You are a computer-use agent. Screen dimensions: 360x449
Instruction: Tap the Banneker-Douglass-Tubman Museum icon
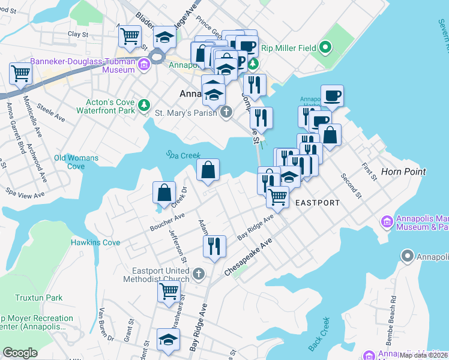pos(143,65)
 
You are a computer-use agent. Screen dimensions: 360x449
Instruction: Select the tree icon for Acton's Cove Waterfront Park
pos(143,106)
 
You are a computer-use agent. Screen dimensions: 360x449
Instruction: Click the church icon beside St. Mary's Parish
pos(226,112)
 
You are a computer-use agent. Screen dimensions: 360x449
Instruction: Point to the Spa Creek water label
pos(183,155)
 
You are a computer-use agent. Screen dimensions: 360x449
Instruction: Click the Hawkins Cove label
pos(95,242)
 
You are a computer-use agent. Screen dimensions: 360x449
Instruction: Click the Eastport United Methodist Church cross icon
pos(199,274)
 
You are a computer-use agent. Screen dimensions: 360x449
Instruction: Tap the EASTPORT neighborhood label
pos(317,203)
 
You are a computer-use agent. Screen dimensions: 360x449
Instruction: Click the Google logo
pos(20,353)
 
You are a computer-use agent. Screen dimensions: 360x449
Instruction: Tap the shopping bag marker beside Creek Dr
pos(164,193)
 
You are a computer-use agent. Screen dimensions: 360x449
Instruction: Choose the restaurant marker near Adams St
pos(214,245)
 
